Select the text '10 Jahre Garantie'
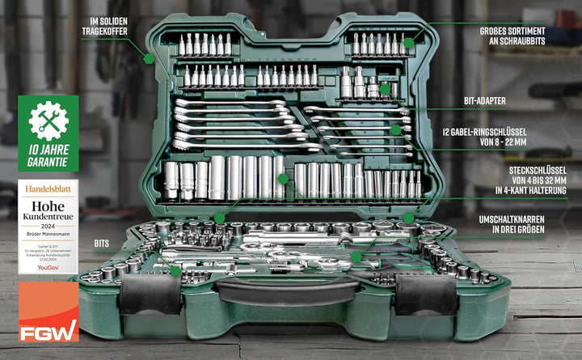[48, 155]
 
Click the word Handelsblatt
[48, 188]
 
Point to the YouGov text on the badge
[48, 266]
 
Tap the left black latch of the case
[150, 294]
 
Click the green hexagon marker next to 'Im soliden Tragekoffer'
[149, 57]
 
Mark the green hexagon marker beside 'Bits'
[175, 272]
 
